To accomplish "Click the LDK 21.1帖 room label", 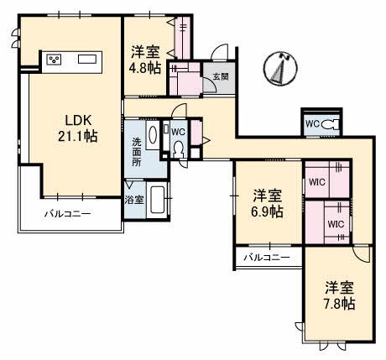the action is (x=78, y=128).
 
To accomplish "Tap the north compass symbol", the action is (x=280, y=68).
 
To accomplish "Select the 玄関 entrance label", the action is (x=221, y=76).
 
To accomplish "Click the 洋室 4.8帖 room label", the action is (x=145, y=60).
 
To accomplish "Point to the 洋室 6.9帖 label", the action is (x=267, y=204).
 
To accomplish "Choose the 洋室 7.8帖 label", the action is (x=340, y=295).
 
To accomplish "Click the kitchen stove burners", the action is (x=55, y=60).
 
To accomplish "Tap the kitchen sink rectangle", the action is (x=87, y=60).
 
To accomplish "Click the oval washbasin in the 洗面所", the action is (x=153, y=135).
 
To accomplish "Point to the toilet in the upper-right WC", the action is (x=330, y=124).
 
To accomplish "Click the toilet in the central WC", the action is (x=178, y=149).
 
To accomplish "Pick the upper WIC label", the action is (x=317, y=182).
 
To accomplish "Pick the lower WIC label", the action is (x=336, y=224).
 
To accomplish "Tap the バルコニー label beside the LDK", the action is (x=68, y=214).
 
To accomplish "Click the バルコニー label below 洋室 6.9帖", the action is (x=267, y=258).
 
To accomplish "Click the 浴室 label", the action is (x=134, y=200).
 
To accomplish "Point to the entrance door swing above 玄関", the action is (x=220, y=52).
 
